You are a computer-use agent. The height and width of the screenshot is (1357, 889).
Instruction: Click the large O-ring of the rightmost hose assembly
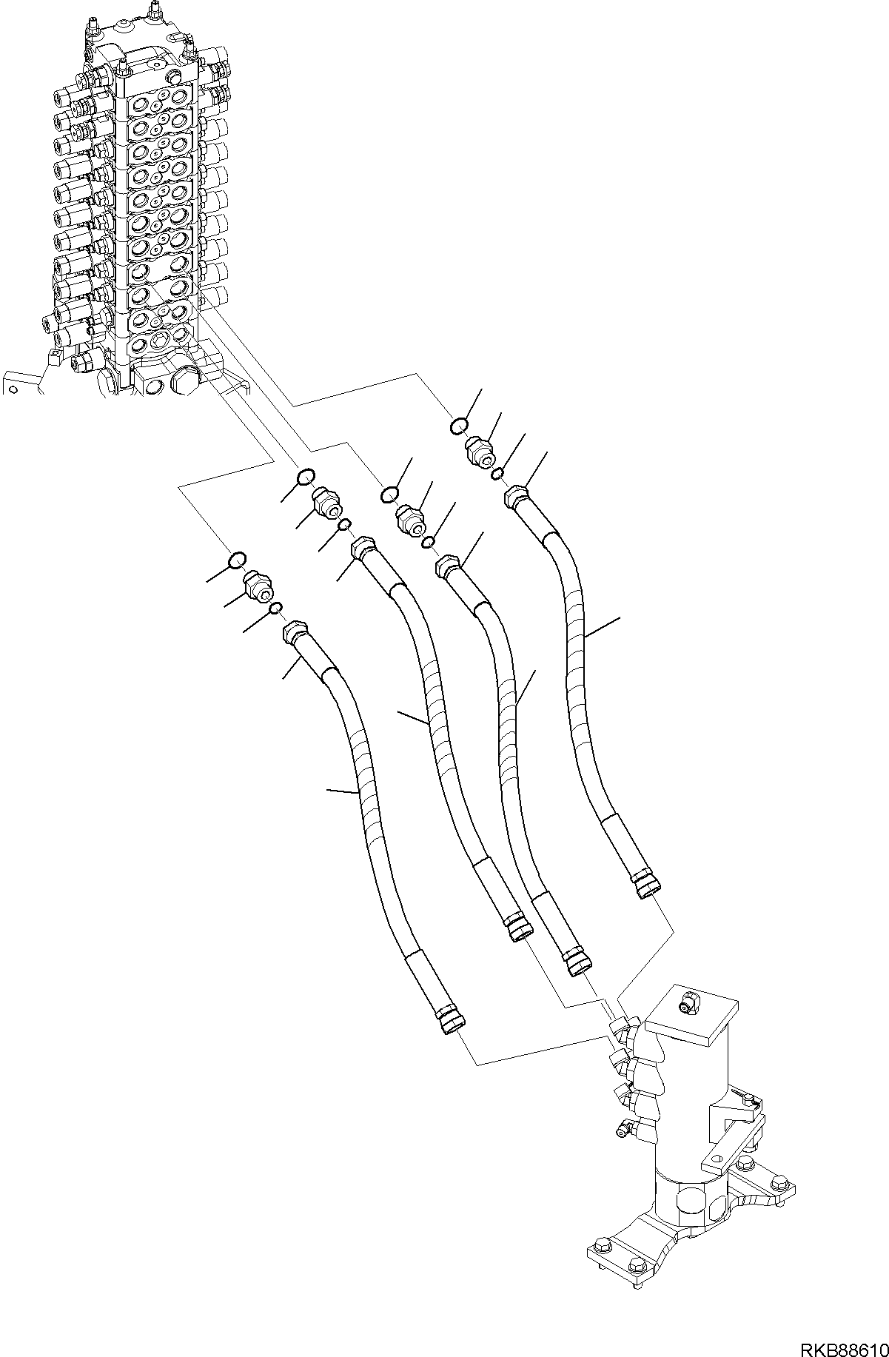point(459,426)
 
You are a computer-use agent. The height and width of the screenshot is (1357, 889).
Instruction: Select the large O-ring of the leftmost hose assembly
point(236,560)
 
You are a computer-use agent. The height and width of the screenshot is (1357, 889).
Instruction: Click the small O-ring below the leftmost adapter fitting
point(276,609)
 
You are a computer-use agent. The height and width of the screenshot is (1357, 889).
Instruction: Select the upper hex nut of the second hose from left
point(363,549)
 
